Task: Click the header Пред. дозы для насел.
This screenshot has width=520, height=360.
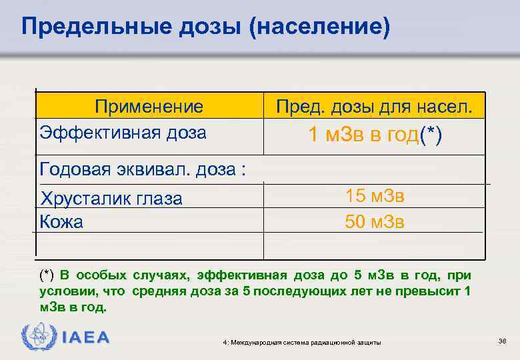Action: tap(375, 107)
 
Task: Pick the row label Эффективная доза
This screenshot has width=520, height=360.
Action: tap(123, 132)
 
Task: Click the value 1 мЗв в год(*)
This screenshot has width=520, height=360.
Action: tap(375, 135)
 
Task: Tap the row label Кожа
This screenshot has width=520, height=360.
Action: tap(61, 221)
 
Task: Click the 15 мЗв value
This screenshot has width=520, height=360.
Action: tap(375, 197)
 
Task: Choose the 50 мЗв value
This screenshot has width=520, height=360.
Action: tap(375, 221)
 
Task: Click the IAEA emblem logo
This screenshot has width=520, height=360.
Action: tap(35, 337)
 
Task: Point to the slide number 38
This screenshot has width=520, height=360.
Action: tap(503, 341)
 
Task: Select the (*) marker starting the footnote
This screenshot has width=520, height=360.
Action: tap(47, 275)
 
